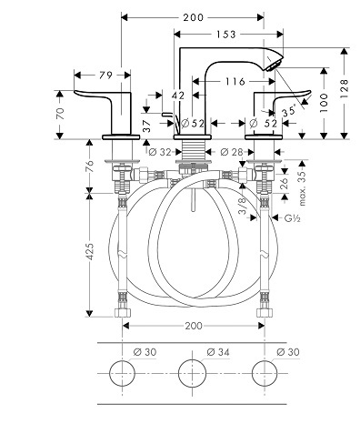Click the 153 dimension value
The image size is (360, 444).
pyautogui.click(x=225, y=35)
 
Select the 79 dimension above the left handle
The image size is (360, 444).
pyautogui.click(x=105, y=75)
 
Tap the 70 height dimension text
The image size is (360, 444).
pyautogui.click(x=61, y=114)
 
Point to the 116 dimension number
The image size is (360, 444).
pyautogui.click(x=235, y=81)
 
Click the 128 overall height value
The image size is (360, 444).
pyautogui.click(x=344, y=88)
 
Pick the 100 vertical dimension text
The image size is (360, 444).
pyautogui.click(x=324, y=103)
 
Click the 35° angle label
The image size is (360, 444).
pyautogui.click(x=289, y=111)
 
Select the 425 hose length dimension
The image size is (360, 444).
pyautogui.click(x=90, y=251)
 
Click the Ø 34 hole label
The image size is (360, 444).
pyautogui.click(x=218, y=352)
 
